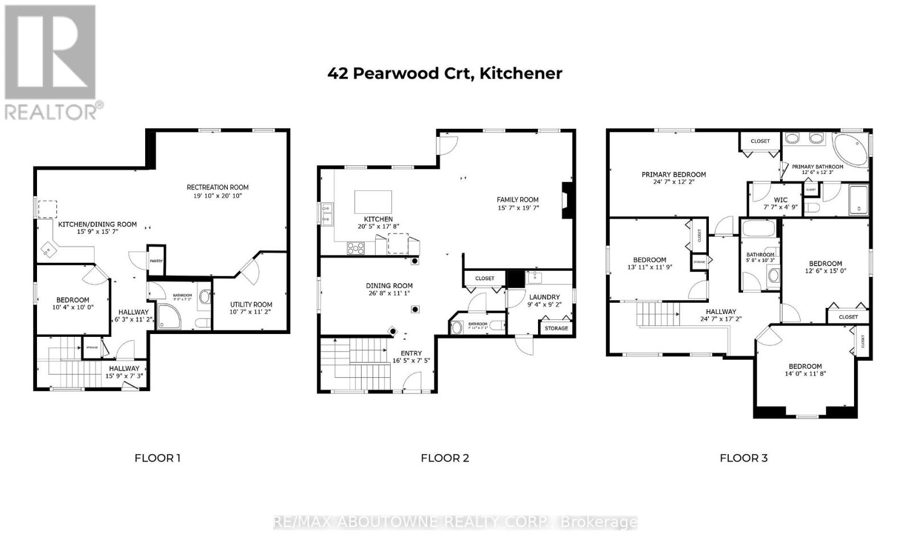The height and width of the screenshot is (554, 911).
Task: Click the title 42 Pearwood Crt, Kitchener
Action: [445, 74]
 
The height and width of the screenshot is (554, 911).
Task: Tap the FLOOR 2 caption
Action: [445, 458]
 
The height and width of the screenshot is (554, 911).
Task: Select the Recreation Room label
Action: [218, 188]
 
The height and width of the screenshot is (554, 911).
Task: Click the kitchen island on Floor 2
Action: [373, 201]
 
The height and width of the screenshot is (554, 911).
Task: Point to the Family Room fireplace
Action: [567, 201]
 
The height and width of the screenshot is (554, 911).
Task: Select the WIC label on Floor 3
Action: [781, 200]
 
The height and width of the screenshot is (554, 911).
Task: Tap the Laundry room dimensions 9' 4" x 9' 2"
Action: [545, 304]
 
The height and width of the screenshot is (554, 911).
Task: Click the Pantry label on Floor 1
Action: [156, 261]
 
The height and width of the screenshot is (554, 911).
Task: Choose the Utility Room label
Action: [251, 304]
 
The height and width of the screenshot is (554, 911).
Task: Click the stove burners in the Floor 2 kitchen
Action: [356, 248]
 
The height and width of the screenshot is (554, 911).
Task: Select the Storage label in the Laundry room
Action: [556, 328]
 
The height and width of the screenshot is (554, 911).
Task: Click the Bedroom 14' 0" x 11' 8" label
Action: [805, 366]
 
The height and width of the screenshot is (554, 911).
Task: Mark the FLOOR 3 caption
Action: [744, 458]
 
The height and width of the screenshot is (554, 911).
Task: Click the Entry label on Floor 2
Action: [411, 353]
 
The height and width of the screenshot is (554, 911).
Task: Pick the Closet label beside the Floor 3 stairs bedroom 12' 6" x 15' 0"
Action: [848, 317]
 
